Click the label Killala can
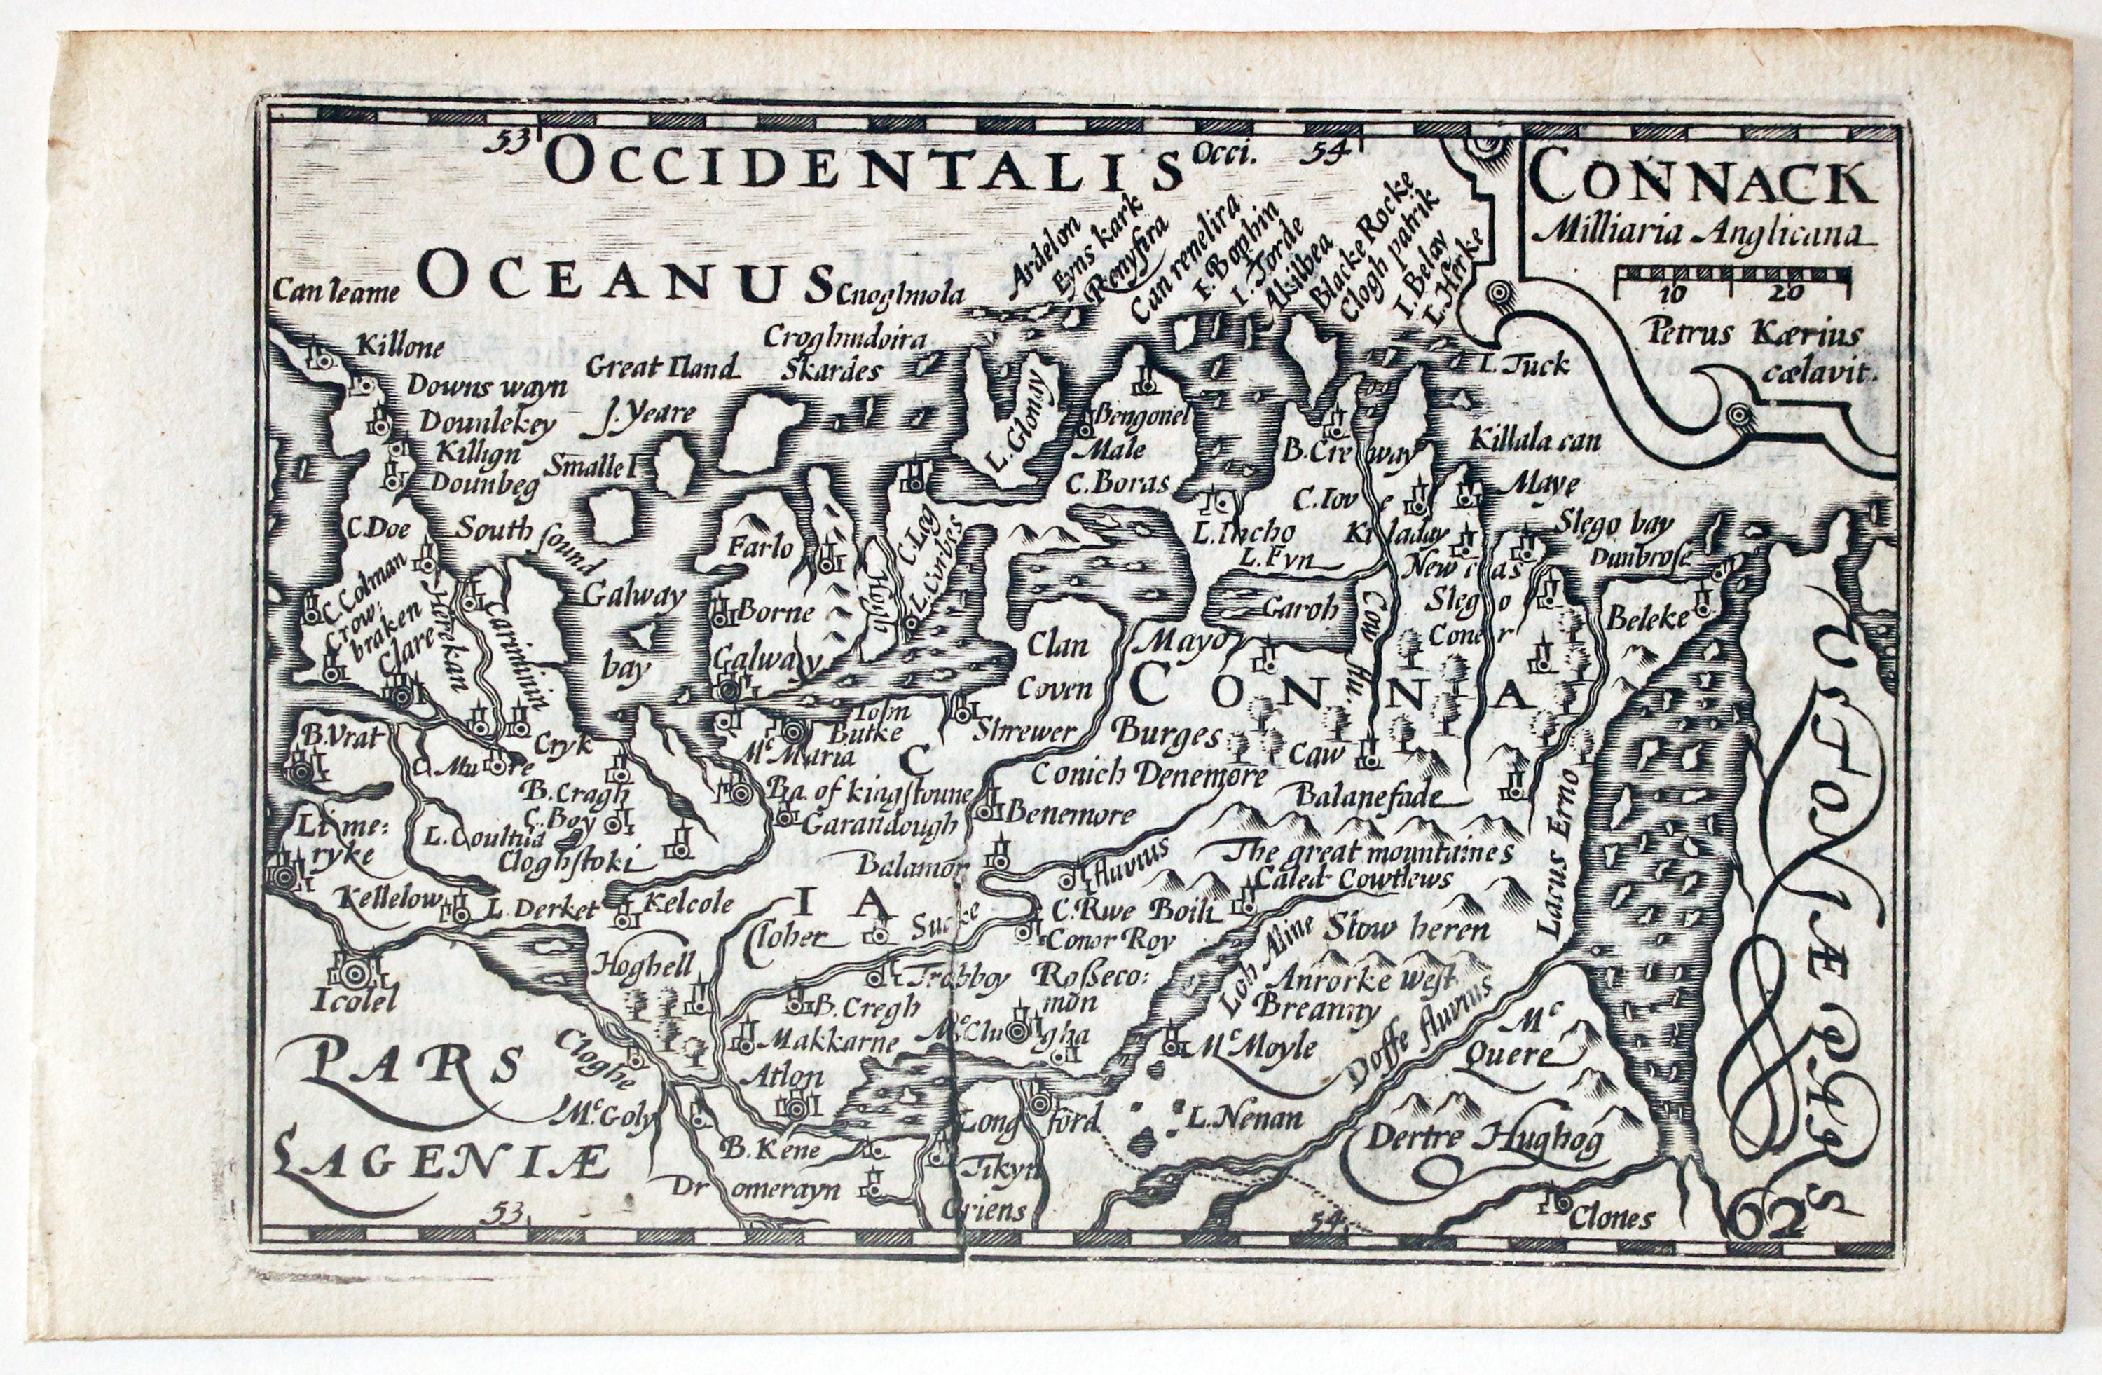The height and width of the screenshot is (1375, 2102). click(x=1537, y=441)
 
